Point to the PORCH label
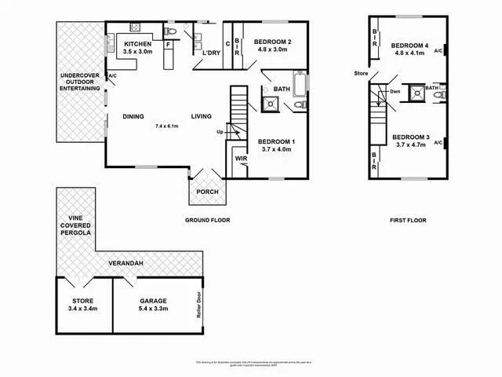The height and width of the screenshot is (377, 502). [x=207, y=192]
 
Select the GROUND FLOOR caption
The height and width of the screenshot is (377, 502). [x=207, y=221]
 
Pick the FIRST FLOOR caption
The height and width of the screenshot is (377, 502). [x=408, y=221]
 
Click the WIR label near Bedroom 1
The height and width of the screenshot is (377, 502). [x=242, y=158]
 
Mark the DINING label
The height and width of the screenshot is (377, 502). [x=133, y=117]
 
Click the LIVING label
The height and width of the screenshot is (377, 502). [x=202, y=117]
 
